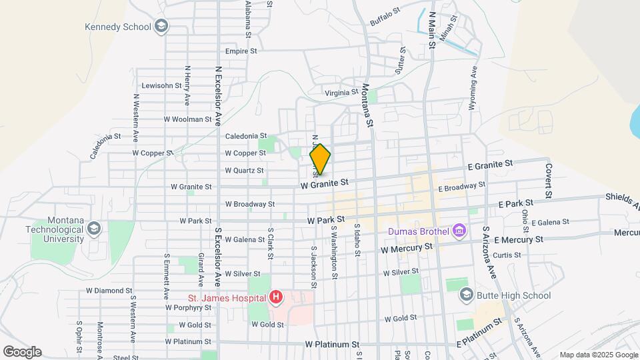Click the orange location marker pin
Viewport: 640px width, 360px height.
point(320,159)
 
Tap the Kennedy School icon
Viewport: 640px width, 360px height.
point(161,27)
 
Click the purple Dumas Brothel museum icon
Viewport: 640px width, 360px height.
point(459,231)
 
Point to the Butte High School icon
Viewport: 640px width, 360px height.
point(466,295)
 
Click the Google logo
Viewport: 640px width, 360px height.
point(22,351)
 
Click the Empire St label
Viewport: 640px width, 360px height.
point(241,51)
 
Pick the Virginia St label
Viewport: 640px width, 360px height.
point(341,93)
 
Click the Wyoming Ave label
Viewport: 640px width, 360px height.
point(475,88)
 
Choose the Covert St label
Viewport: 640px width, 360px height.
point(549,180)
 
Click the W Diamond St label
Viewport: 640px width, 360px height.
point(109,291)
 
